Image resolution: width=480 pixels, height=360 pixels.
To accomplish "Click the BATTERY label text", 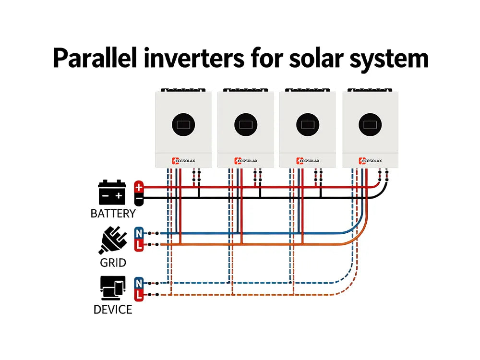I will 113,214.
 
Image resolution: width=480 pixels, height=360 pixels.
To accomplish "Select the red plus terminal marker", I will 139,187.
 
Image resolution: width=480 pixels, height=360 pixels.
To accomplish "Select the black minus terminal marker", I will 139,197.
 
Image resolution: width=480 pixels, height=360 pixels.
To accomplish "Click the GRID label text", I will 113,263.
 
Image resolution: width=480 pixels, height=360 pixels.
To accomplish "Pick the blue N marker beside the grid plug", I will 139,234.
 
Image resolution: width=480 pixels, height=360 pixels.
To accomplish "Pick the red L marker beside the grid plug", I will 139,245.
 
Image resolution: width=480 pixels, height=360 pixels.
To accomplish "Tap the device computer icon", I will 113,288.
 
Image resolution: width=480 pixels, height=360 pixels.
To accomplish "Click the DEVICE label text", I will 113,310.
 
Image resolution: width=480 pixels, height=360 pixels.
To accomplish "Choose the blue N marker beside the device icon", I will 139,283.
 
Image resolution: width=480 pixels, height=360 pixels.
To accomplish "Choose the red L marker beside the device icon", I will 139,295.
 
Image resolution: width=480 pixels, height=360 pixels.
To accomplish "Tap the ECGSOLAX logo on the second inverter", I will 245,161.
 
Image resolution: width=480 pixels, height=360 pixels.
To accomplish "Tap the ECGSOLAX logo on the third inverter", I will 308,161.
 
